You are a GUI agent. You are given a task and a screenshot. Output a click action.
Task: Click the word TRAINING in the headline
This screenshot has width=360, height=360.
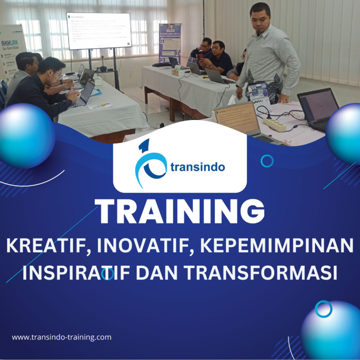pos(180,212)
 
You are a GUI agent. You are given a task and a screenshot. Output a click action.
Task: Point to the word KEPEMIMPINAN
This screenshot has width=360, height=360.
pos(276,247)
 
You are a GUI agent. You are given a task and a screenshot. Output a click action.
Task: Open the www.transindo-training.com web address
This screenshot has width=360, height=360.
pos(61,337)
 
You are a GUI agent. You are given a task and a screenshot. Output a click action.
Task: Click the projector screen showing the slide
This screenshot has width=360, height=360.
pos(98,31)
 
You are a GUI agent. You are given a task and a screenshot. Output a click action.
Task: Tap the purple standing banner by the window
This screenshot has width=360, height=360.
pos(169,43)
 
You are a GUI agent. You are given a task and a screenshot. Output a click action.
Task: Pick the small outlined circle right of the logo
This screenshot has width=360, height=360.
pos(267,161)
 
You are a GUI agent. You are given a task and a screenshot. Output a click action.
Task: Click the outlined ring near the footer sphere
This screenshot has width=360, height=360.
pos(323,309)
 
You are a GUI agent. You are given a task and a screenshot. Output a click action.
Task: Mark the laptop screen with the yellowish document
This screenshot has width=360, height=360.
pos(238,119)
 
